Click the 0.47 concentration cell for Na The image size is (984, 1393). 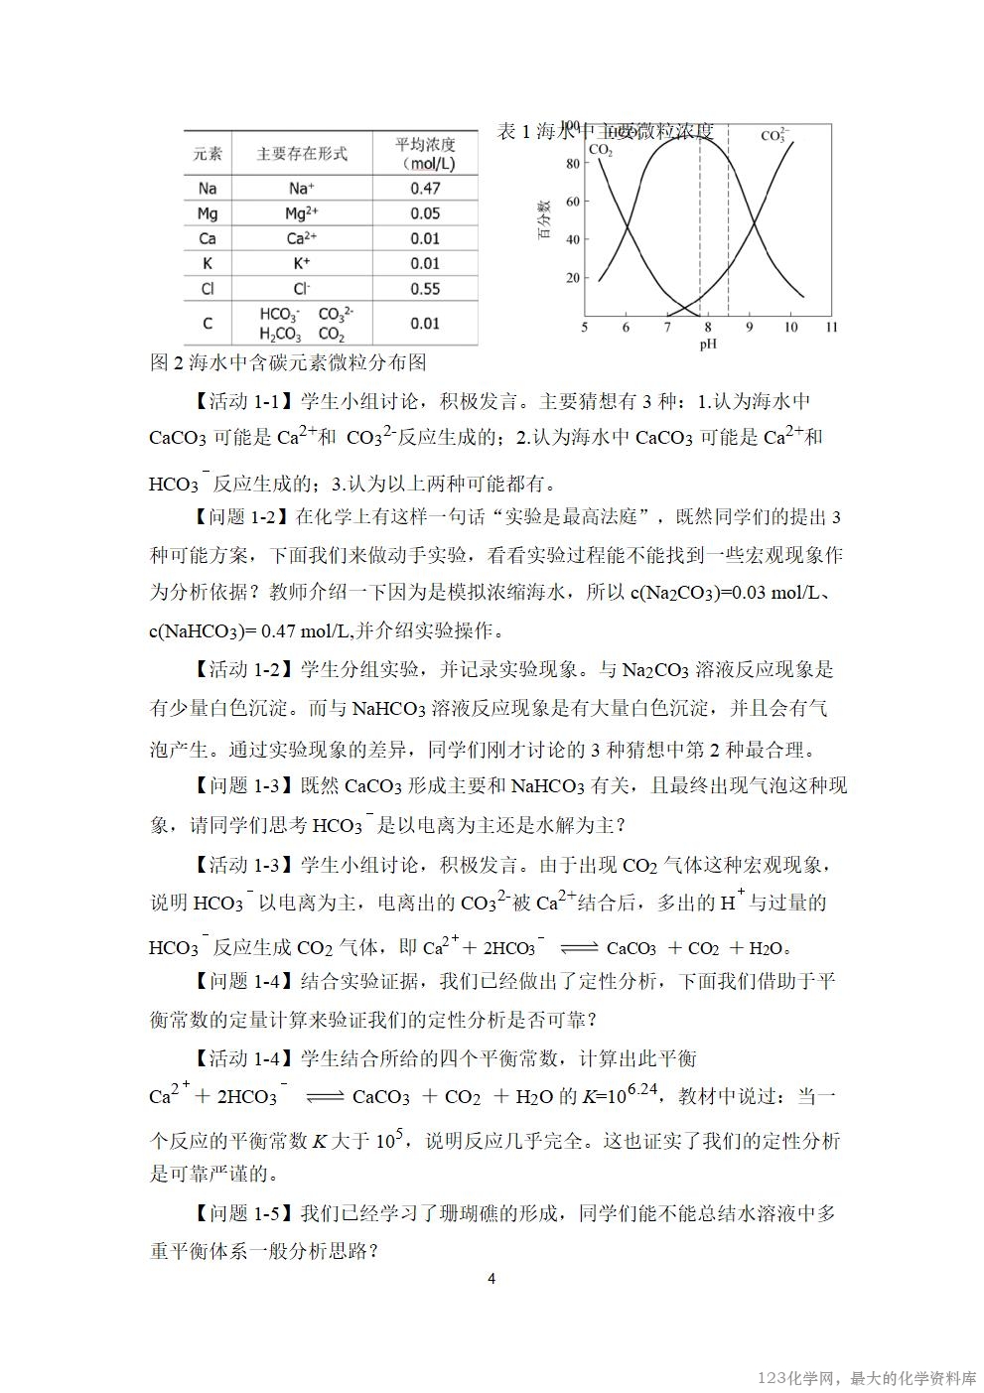(425, 188)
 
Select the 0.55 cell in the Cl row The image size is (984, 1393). (425, 289)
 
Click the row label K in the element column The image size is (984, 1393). (208, 263)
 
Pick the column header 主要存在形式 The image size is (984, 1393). (302, 153)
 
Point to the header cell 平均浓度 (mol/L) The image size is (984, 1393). (425, 153)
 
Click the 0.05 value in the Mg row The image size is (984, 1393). (425, 213)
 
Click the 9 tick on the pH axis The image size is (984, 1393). (749, 327)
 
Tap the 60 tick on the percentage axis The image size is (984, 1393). (572, 202)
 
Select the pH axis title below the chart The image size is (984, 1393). (707, 345)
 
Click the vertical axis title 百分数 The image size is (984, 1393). (545, 220)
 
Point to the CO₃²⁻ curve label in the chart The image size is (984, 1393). (774, 135)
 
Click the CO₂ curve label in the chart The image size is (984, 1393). (601, 150)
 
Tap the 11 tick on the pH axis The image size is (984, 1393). (831, 327)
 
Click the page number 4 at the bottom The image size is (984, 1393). (492, 1279)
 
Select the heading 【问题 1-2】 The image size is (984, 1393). (238, 516)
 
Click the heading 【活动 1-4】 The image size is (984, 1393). (238, 1057)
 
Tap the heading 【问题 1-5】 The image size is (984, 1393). (238, 1213)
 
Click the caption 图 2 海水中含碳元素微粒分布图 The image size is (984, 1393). (288, 362)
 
